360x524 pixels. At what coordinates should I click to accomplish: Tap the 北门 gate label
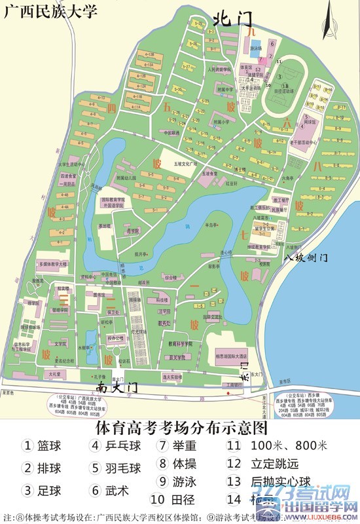pyautogui.click(x=233, y=20)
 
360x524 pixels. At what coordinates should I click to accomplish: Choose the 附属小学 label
pyautogui.click(x=222, y=122)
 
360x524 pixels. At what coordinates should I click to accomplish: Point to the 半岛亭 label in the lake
pyautogui.click(x=211, y=225)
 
